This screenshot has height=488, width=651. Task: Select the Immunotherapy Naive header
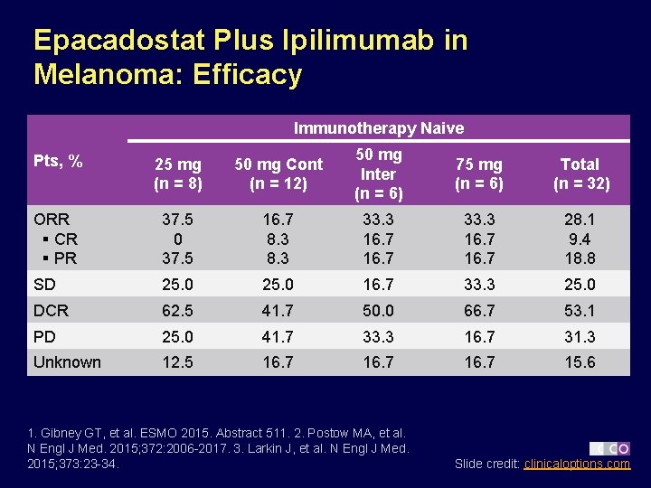378,127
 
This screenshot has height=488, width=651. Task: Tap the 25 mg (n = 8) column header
177,174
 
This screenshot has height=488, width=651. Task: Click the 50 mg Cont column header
278,174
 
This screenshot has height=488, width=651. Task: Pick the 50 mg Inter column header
378,174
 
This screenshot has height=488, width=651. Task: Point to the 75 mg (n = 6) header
478,174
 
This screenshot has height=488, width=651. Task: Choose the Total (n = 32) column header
580,174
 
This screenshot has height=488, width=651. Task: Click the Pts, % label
58,162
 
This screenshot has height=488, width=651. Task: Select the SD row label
45,285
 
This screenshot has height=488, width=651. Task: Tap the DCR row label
51,310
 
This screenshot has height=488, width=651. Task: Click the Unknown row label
67,362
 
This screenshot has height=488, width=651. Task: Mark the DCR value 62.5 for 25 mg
177,310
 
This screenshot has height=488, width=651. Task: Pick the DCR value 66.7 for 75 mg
478,310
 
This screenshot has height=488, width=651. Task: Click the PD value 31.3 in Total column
580,336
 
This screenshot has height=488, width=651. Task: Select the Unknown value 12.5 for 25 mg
177,362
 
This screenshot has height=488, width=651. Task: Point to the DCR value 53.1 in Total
580,310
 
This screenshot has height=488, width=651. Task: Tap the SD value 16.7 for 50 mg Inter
378,285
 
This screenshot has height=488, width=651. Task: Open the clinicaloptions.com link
577,464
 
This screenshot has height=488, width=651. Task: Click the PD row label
45,336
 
